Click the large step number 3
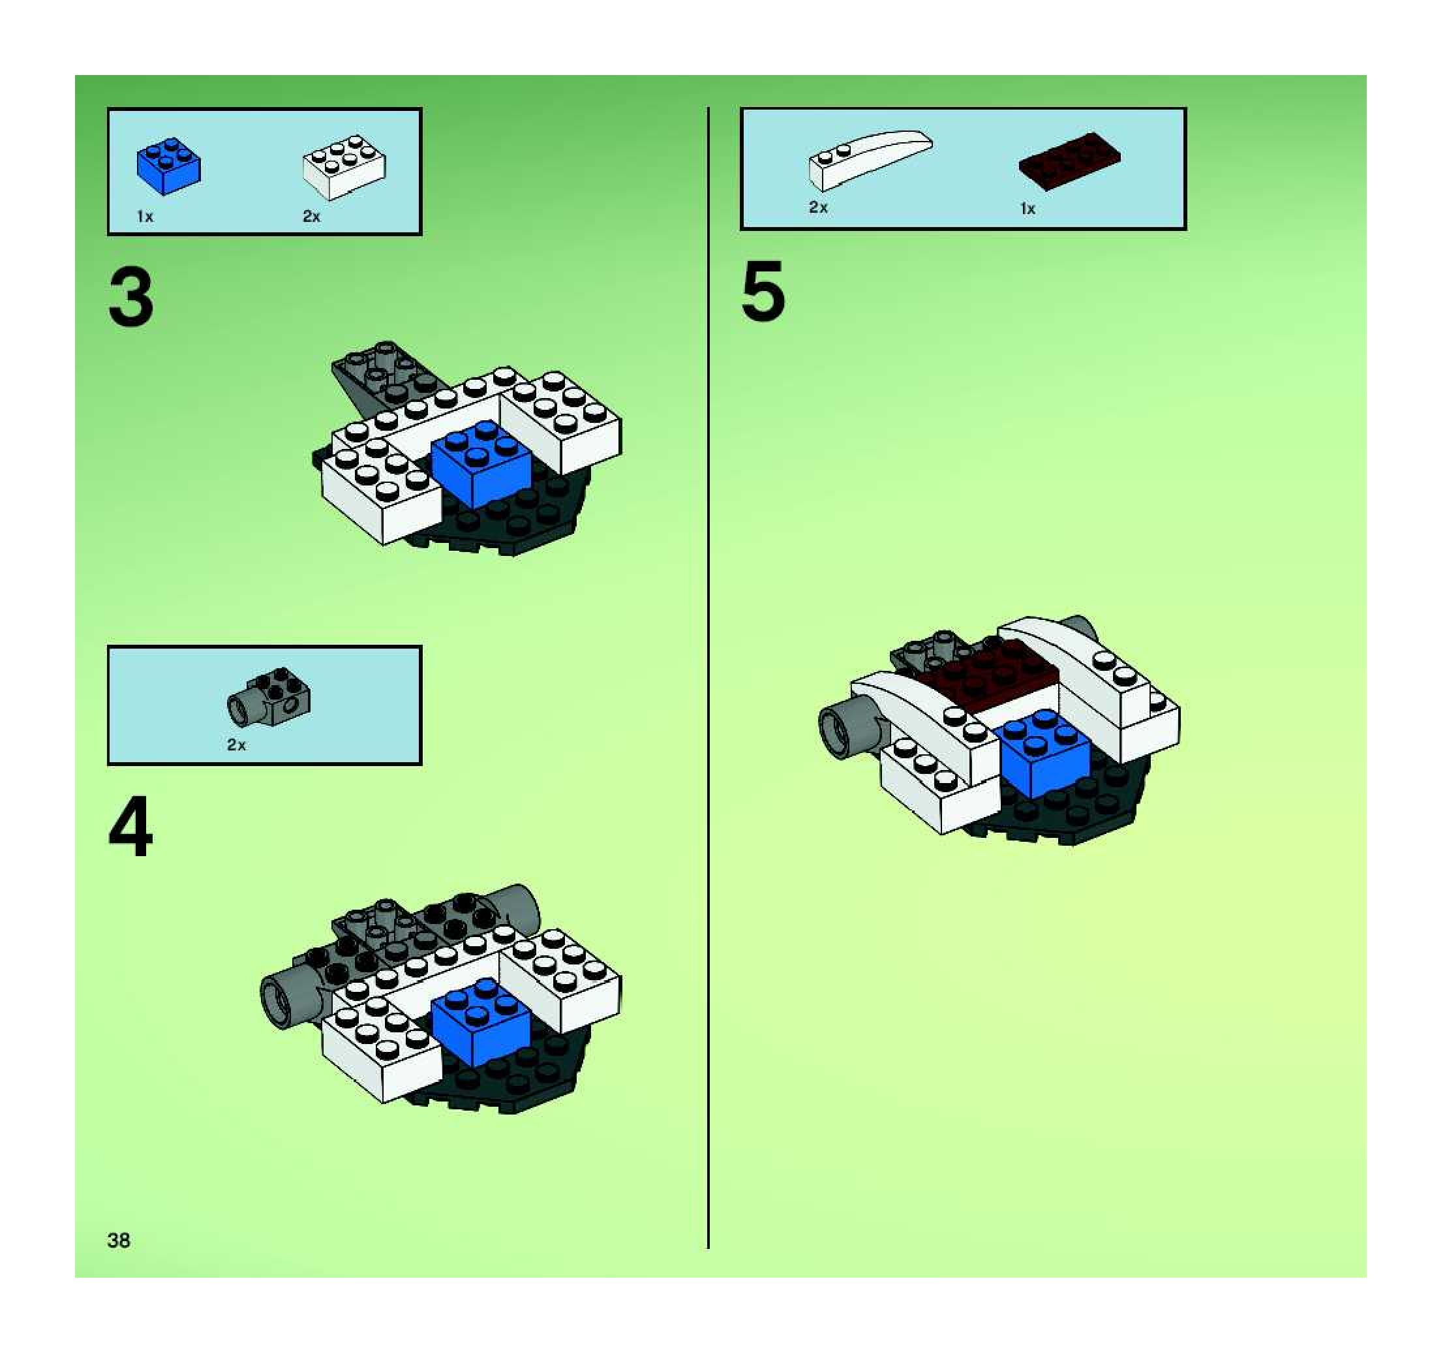click(131, 297)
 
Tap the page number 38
click(119, 1240)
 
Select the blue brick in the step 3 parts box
click(169, 166)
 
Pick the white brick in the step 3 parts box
click(344, 166)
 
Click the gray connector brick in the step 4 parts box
click(269, 698)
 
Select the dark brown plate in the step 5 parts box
click(1069, 162)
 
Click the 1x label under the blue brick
click(145, 216)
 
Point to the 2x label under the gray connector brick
click(237, 745)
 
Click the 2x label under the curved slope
click(818, 208)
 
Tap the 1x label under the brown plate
click(1027, 209)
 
